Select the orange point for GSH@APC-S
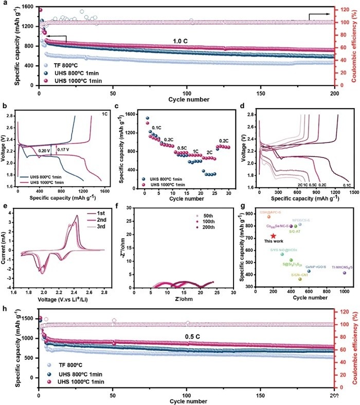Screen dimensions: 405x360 [x=268, y=217]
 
